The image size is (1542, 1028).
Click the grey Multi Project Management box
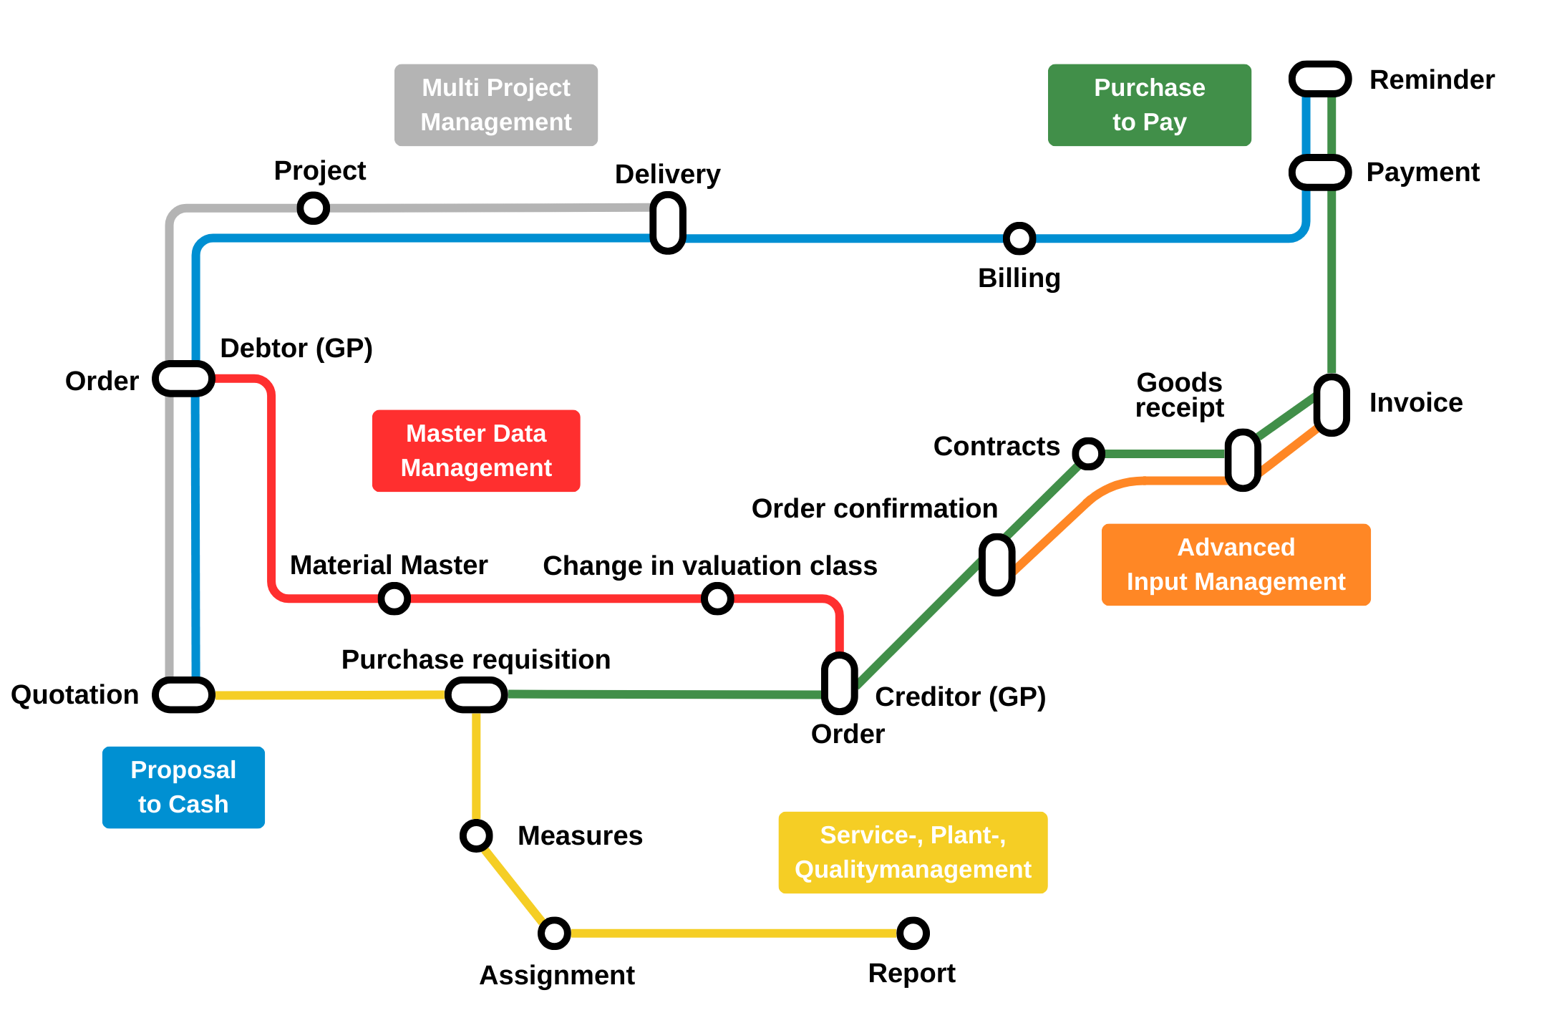[495, 105]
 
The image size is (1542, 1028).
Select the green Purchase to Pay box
[1149, 105]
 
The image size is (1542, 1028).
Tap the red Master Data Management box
[475, 451]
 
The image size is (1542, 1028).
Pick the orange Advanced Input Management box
[1236, 565]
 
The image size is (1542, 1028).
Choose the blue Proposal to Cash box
[183, 787]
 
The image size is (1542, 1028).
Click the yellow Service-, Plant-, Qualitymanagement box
[913, 853]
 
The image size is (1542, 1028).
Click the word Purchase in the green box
[1149, 88]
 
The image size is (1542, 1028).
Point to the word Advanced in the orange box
[1236, 548]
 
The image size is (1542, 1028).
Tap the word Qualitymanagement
[913, 870]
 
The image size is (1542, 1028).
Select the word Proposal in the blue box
[183, 770]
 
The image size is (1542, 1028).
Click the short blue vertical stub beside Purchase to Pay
[1306, 125]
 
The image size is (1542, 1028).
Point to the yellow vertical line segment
[476, 766]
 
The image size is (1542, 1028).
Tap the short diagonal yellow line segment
[513, 886]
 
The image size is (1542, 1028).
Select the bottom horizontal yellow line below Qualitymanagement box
[733, 933]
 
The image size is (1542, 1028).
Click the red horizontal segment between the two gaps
[556, 598]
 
